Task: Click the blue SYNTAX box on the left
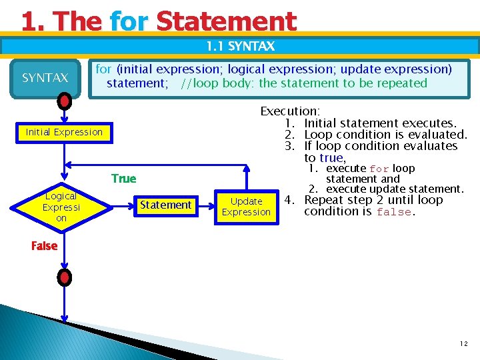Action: pyautogui.click(x=45, y=78)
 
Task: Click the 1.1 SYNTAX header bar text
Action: pyautogui.click(x=240, y=46)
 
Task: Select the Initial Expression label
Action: pyautogui.click(x=64, y=132)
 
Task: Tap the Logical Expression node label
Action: pyautogui.click(x=61, y=207)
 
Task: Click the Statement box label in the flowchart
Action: pyautogui.click(x=165, y=205)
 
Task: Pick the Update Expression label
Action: pyautogui.click(x=246, y=207)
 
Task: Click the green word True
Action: pyautogui.click(x=124, y=179)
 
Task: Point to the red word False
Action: pyautogui.click(x=44, y=246)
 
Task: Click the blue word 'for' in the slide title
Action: pyautogui.click(x=129, y=21)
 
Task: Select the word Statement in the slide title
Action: pyautogui.click(x=226, y=21)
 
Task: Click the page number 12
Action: pyautogui.click(x=463, y=344)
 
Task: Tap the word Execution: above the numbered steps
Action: pyautogui.click(x=290, y=111)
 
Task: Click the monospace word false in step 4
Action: pyautogui.click(x=395, y=212)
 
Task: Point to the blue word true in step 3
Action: pyautogui.click(x=331, y=158)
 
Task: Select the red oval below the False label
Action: pyautogui.click(x=64, y=277)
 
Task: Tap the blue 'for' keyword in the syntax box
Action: pyautogui.click(x=103, y=69)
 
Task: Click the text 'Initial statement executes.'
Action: pyautogui.click(x=380, y=123)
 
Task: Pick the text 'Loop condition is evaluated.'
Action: pyautogui.click(x=385, y=135)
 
